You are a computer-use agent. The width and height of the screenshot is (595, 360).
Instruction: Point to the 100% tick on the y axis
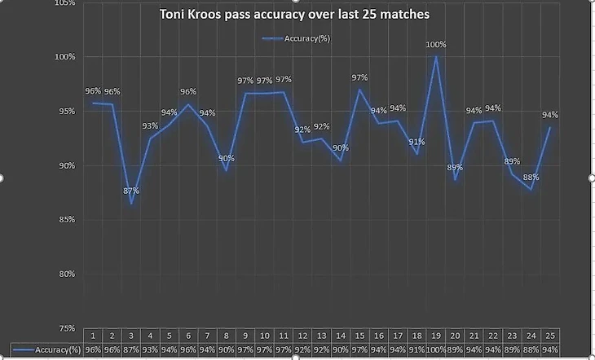(x=65, y=57)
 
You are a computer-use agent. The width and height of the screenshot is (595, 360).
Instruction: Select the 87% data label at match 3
(x=131, y=191)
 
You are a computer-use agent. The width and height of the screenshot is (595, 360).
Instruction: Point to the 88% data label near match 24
(x=531, y=178)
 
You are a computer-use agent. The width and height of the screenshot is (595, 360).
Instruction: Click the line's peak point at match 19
(x=437, y=56)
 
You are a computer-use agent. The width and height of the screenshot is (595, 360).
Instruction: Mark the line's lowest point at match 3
(x=131, y=203)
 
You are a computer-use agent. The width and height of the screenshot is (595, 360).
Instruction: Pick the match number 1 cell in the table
(x=94, y=335)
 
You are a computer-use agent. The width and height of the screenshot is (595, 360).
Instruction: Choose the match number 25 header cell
(x=551, y=335)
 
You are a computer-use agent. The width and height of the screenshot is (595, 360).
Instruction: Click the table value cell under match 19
(x=437, y=349)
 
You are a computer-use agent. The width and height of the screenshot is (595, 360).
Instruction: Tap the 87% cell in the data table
(x=131, y=349)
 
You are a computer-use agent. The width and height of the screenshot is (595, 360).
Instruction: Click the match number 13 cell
(x=322, y=335)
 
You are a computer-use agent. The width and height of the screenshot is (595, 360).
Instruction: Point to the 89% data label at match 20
(x=456, y=167)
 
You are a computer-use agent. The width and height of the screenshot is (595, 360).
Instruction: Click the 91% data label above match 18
(x=416, y=142)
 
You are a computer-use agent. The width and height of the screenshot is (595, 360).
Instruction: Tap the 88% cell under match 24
(x=531, y=349)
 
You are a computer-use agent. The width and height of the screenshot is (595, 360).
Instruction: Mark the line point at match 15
(x=359, y=89)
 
